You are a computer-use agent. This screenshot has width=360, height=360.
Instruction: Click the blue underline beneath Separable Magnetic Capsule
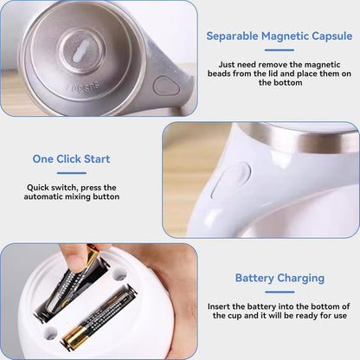point(280,50)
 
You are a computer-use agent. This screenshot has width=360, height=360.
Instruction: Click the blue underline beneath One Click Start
point(72,173)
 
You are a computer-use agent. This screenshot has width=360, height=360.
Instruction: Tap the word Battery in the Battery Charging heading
point(254,278)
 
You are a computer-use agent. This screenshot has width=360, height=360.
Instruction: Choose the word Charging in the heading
point(301,279)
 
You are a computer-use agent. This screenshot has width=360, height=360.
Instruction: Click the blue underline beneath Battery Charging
point(280,292)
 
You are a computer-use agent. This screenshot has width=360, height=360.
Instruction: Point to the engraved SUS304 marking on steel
point(84,87)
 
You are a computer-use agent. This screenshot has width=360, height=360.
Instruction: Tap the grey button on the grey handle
point(166,86)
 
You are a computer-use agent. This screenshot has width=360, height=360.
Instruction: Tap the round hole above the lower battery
point(119,273)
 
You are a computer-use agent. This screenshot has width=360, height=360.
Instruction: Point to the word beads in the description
point(219,74)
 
